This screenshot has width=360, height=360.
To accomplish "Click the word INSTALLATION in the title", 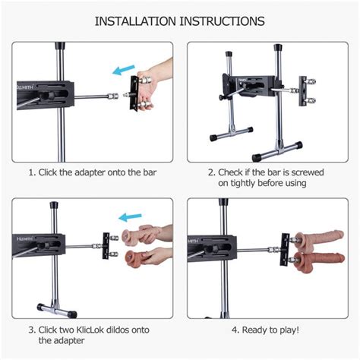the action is pos(135,21).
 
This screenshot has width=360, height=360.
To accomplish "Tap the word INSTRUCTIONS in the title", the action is pos(222,21).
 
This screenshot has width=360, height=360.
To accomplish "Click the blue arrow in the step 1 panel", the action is pos(124,70).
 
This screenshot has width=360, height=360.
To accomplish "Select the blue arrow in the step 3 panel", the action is pos(130,217).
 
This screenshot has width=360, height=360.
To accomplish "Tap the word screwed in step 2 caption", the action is pos(308,172).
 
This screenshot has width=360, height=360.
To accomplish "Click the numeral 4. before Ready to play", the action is pos(235,330).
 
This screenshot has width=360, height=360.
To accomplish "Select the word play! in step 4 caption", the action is pos(289,330).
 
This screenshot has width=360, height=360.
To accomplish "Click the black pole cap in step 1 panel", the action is pos(60,46).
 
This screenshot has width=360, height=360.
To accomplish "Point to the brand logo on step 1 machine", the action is pos(25,87).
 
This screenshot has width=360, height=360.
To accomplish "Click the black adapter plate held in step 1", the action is pos(134,93).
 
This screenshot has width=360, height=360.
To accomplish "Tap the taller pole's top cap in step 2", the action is pos(278,48).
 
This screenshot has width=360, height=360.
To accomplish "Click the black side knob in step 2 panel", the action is pos(222,97).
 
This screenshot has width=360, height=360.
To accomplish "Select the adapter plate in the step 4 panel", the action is pos(286,249).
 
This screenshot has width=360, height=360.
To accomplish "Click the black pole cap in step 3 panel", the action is pos(54,205).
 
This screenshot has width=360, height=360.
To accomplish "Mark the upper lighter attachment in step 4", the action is pos(320,239).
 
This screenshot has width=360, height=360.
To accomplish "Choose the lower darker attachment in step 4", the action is pos(320,261).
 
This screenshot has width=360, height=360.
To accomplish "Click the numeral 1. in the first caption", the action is pos(32,173).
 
